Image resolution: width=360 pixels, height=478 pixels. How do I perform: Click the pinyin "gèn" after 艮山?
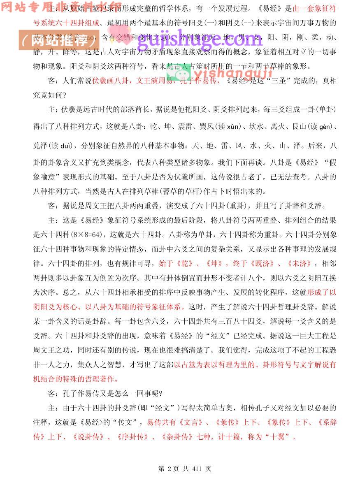click(324, 127)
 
